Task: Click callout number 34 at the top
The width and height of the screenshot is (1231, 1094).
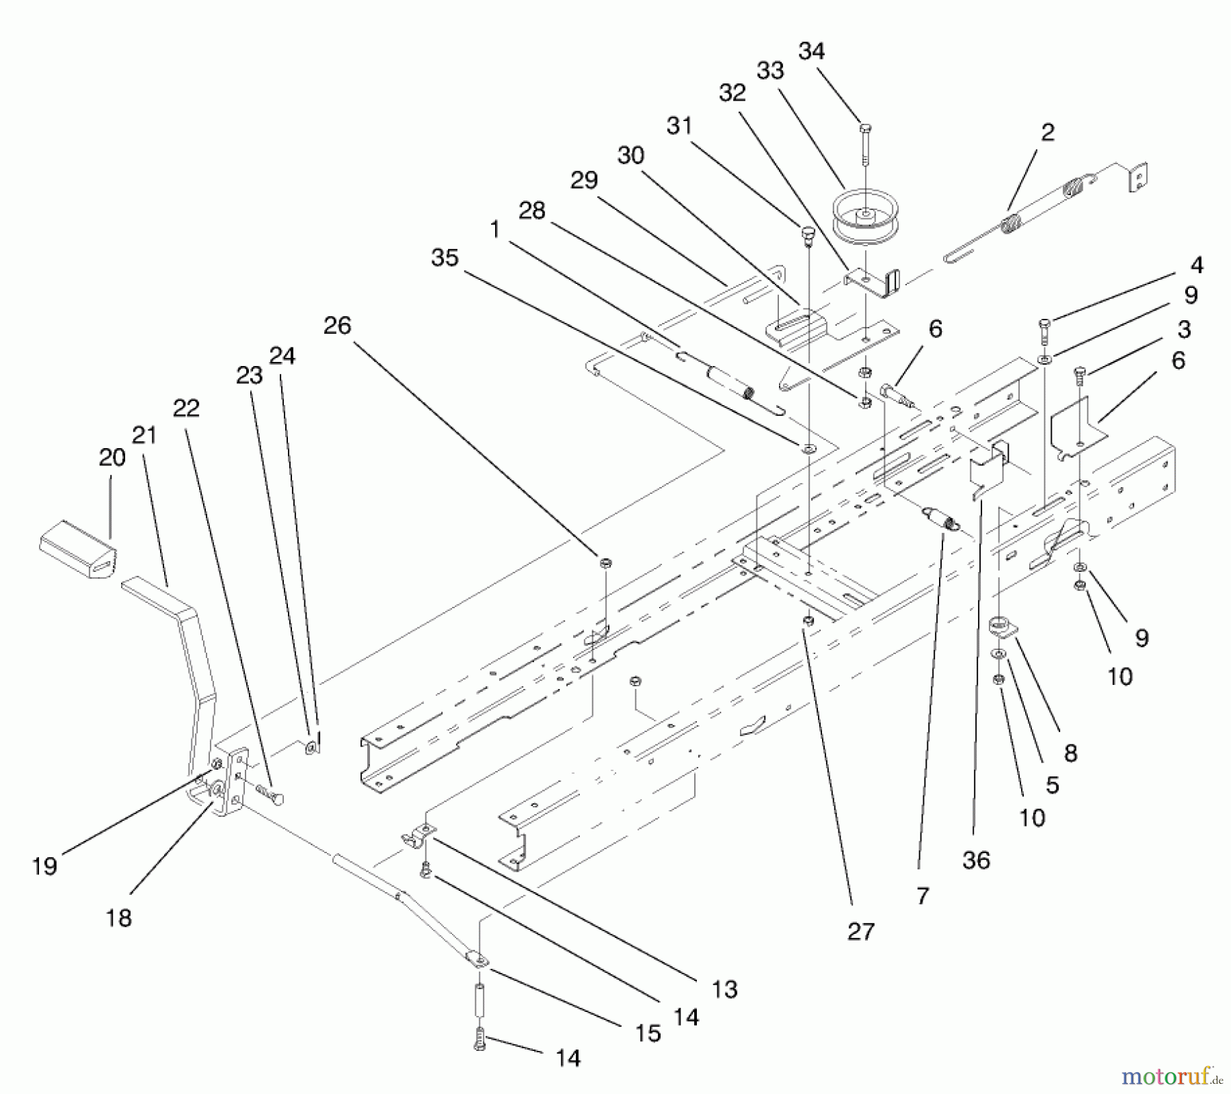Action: pyautogui.click(x=812, y=51)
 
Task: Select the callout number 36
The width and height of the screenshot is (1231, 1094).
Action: pyautogui.click(x=976, y=860)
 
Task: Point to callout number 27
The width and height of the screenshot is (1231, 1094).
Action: pyautogui.click(x=860, y=931)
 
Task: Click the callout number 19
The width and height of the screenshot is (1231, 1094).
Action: pyautogui.click(x=45, y=866)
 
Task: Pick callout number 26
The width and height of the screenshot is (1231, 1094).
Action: pyautogui.click(x=337, y=326)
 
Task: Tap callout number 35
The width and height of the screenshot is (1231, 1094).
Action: pyautogui.click(x=445, y=258)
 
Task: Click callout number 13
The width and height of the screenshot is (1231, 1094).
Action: pyautogui.click(x=724, y=989)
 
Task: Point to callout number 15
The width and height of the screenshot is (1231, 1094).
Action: pyautogui.click(x=648, y=1032)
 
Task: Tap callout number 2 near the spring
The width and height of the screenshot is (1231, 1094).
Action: pyautogui.click(x=1048, y=132)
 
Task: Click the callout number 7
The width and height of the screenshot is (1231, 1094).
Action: pyautogui.click(x=923, y=896)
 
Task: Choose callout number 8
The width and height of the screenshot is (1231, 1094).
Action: pyautogui.click(x=1070, y=753)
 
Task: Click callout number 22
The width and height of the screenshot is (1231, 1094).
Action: pyautogui.click(x=186, y=408)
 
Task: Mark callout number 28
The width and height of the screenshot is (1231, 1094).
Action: pyautogui.click(x=532, y=210)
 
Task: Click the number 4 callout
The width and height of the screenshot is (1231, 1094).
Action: pyautogui.click(x=1196, y=265)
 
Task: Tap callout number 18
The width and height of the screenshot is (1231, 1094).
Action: pyautogui.click(x=119, y=917)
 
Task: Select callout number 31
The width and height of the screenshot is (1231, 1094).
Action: pyautogui.click(x=679, y=126)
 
